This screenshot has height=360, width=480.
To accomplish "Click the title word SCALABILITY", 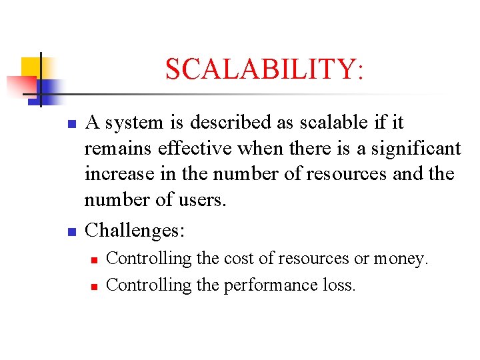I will [x=264, y=69].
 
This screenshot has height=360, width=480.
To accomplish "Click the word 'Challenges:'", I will [x=135, y=231].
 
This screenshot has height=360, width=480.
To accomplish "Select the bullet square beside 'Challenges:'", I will [x=74, y=233].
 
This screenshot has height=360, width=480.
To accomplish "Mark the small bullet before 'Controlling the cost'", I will [x=94, y=260].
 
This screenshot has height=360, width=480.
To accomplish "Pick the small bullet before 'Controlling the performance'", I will [x=94, y=287].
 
